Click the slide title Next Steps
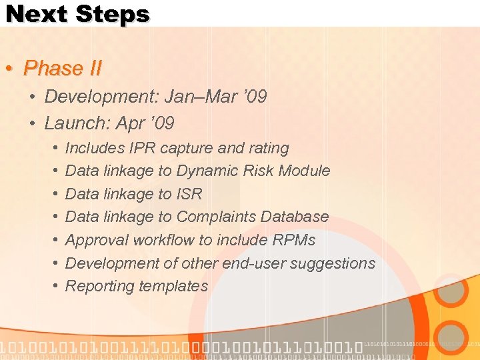point(77,14)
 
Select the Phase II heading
point(62,68)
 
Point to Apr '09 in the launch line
point(145,123)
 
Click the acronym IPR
point(143,148)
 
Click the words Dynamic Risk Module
point(253,171)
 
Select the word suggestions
point(335,263)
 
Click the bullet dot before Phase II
point(9,69)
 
